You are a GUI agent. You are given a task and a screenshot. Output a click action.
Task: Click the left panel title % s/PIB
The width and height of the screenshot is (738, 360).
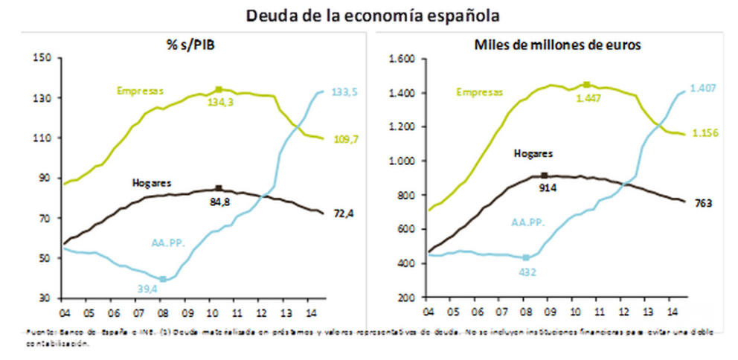[190, 46]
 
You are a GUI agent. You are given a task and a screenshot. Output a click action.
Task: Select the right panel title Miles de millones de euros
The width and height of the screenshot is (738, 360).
[557, 45]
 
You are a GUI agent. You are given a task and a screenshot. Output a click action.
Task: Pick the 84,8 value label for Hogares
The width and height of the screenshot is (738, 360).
[219, 200]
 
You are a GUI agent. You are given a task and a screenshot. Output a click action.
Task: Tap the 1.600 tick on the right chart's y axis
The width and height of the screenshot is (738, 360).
[401, 59]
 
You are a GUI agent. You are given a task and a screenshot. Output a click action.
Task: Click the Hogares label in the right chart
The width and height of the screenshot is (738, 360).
[533, 153]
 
